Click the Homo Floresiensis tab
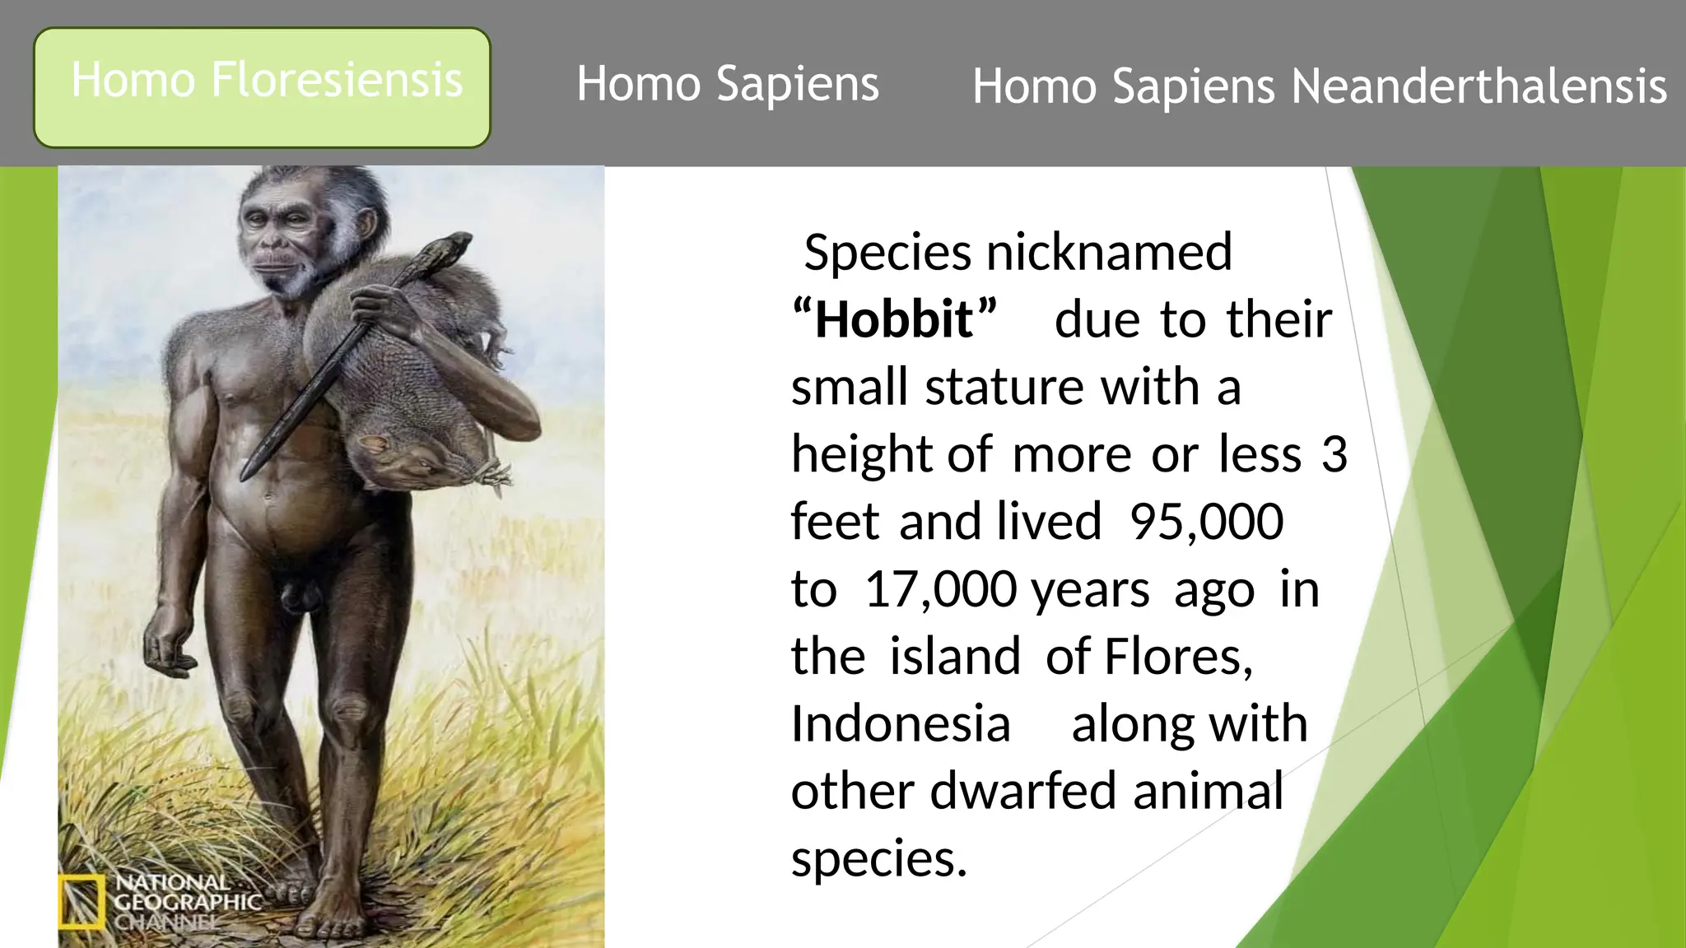[x=262, y=87]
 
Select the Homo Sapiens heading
[x=728, y=84]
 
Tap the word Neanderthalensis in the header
[x=1479, y=86]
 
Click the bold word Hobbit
[x=894, y=319]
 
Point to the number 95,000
[x=1206, y=522]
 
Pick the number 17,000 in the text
[x=940, y=589]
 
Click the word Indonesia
[x=901, y=724]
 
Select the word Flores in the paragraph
[x=1176, y=657]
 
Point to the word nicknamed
[x=1109, y=252]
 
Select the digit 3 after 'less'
[x=1334, y=454]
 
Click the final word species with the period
[x=878, y=859]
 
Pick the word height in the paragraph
[x=861, y=454]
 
